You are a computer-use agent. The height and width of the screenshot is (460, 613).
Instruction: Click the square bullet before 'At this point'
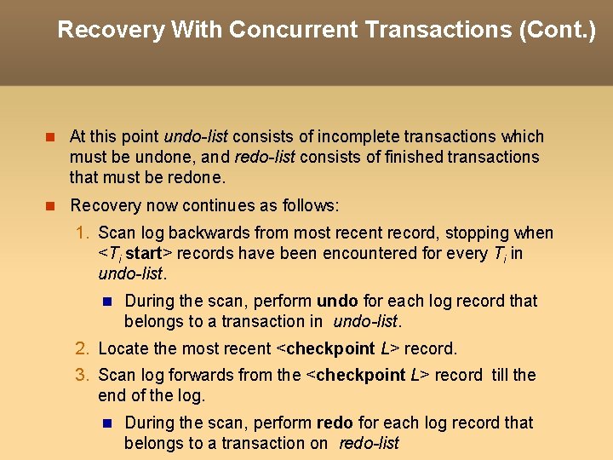(x=49, y=136)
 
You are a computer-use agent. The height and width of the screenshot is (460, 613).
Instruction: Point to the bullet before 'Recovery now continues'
(x=49, y=205)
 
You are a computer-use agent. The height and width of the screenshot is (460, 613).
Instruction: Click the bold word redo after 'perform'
(x=335, y=423)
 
